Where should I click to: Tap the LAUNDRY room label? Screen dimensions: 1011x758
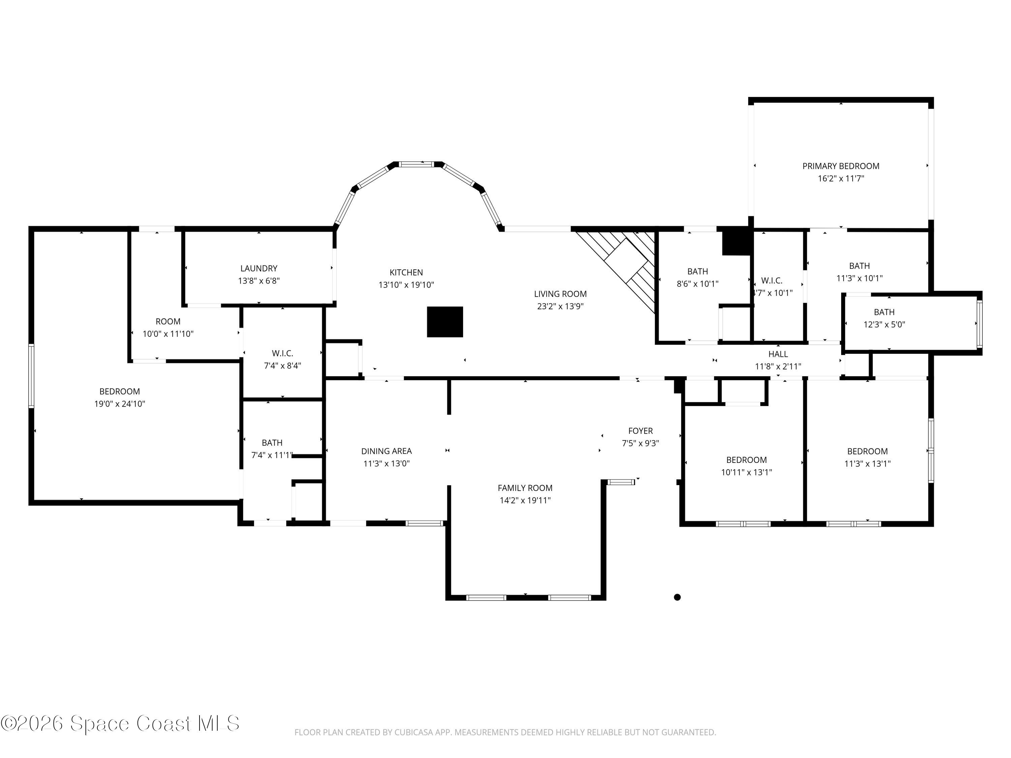click(259, 268)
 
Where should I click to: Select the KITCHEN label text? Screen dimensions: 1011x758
click(406, 272)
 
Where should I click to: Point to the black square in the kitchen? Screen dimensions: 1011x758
click(445, 322)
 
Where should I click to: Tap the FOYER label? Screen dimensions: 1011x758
click(640, 431)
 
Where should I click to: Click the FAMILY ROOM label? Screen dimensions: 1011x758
click(525, 487)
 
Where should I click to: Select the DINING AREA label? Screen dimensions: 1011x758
click(386, 451)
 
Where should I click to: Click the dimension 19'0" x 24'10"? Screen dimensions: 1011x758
click(119, 404)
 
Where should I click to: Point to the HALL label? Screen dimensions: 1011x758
click(778, 354)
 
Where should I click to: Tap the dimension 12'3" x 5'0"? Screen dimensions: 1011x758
click(884, 324)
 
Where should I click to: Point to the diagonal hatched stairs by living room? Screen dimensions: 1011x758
click(617, 270)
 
